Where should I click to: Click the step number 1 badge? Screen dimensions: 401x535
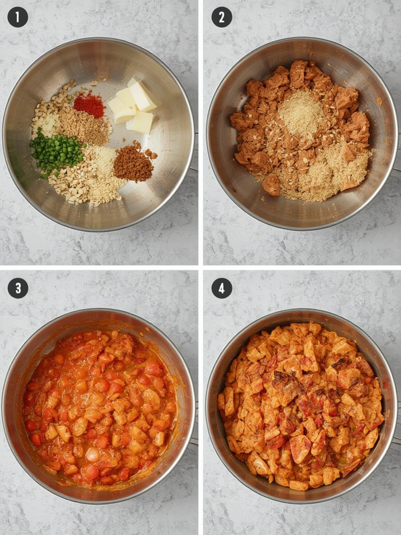point(17,17)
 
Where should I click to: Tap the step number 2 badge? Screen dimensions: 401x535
point(222,17)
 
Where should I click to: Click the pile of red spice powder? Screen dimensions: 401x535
point(89,104)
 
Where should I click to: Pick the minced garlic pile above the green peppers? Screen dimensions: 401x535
point(46,115)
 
